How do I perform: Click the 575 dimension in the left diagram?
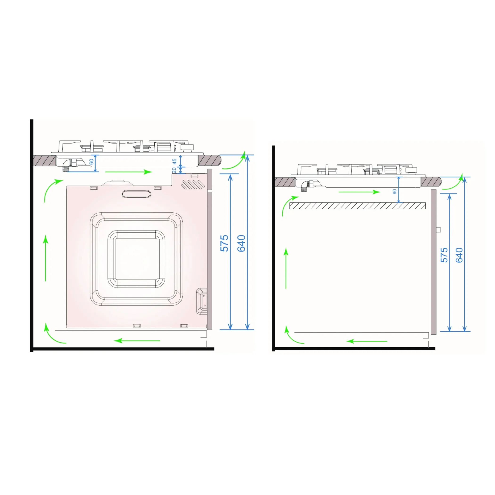click(x=224, y=243)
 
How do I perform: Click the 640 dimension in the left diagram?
click(x=241, y=243)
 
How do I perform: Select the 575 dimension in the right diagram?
click(x=444, y=255)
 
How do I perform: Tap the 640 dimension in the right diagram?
click(x=459, y=255)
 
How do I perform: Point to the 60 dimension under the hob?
click(x=91, y=162)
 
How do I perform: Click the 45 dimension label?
click(x=174, y=162)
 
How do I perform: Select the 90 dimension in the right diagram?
click(x=395, y=192)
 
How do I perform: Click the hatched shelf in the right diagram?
click(x=358, y=206)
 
